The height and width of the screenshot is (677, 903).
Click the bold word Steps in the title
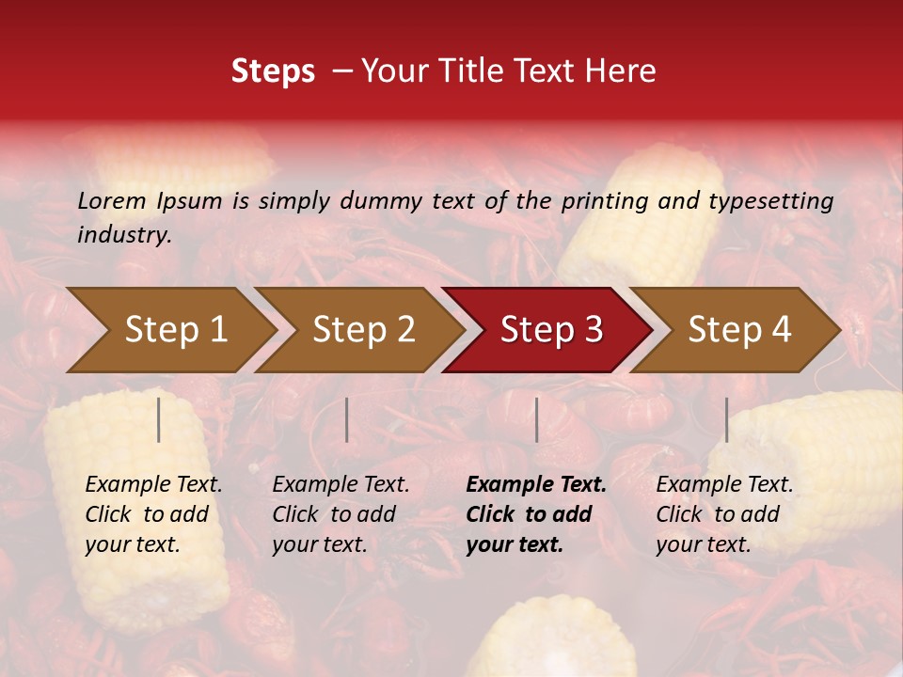273,71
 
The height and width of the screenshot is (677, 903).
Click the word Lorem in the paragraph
112,200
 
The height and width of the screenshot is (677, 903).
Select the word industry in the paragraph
123,235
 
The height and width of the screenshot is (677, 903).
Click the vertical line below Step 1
159,419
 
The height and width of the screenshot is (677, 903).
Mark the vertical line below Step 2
347,419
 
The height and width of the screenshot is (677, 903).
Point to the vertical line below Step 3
536,419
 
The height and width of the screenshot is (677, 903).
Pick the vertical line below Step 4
726,419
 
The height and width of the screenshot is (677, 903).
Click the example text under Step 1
153,514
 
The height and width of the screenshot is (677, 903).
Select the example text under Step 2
341,514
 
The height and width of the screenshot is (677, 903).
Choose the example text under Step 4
724,514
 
